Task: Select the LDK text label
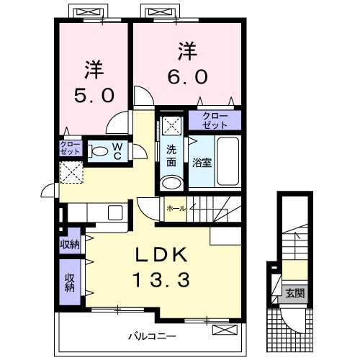[161, 255]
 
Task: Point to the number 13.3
[161, 279]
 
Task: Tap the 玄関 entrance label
[294, 293]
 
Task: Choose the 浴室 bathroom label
[201, 163]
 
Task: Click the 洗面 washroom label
[171, 155]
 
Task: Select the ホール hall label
[176, 208]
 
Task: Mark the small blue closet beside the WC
[71, 150]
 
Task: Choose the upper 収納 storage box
[70, 244]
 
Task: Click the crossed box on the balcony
[224, 330]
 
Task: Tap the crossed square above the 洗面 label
[171, 125]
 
